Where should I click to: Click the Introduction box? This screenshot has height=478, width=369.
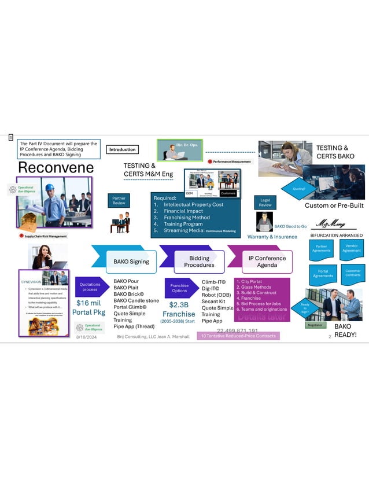pyautogui.click(x=123, y=150)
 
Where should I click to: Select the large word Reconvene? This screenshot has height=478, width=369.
pyautogui.click(x=56, y=167)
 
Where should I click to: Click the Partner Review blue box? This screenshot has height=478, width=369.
pyautogui.click(x=118, y=200)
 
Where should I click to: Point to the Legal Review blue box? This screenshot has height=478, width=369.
pyautogui.click(x=265, y=202)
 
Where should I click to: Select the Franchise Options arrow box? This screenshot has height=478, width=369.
pyautogui.click(x=179, y=288)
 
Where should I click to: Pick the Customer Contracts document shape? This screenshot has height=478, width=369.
pyautogui.click(x=352, y=273)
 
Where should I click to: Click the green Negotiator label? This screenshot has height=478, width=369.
pyautogui.click(x=316, y=325)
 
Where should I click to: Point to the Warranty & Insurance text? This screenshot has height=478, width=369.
pyautogui.click(x=272, y=237)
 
